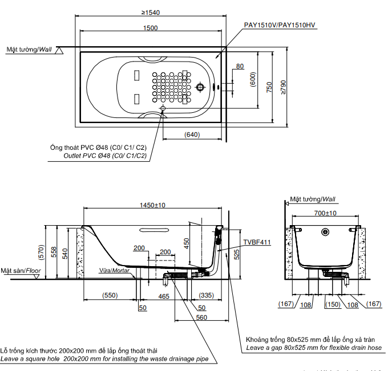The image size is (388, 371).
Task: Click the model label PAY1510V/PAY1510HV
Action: click(280, 26)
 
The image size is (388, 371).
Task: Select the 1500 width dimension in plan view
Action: click(151, 28)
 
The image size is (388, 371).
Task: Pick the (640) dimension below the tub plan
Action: click(192, 134)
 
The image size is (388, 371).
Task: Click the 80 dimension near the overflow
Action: click(240, 67)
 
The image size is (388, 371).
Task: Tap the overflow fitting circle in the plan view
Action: click(200, 88)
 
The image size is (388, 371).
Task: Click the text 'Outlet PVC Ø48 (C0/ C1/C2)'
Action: click(105, 156)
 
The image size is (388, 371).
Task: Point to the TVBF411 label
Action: click(257, 242)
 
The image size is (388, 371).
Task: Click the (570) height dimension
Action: click(40, 249)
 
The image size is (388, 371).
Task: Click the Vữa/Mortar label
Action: click(115, 271)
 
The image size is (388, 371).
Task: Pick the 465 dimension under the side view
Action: click(164, 296)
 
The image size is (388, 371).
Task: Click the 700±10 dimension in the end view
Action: click(325, 213)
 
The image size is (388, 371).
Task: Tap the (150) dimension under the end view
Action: click(333, 304)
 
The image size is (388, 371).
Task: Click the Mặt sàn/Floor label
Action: click(21, 271)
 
